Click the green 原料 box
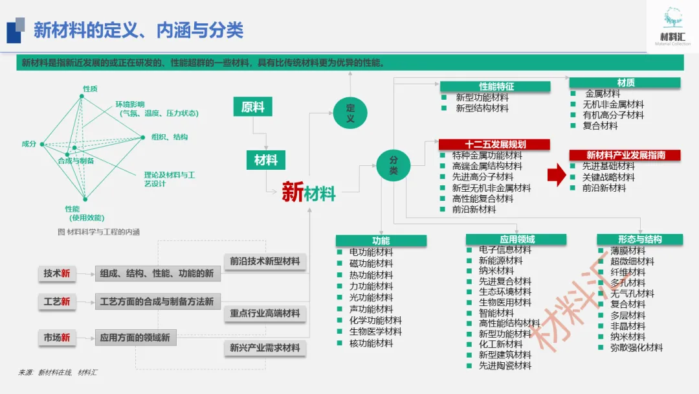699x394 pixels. [252, 107]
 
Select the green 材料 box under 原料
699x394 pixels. [265, 160]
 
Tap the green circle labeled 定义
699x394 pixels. [350, 112]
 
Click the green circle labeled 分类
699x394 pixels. [394, 165]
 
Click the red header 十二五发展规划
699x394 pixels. [494, 145]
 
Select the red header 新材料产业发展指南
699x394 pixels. [625, 155]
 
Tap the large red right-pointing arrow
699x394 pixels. [557, 175]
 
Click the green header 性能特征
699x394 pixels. [496, 86]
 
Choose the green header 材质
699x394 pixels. [625, 82]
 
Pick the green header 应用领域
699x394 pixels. [516, 240]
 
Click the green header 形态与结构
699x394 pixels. [639, 239]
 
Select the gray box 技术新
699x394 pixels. [56, 273]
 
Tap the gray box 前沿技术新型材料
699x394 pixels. [265, 261]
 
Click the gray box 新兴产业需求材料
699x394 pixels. [265, 348]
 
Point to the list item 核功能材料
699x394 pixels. [371, 343]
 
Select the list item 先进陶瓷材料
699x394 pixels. [505, 365]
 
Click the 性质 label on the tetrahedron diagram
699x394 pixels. [89, 88]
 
